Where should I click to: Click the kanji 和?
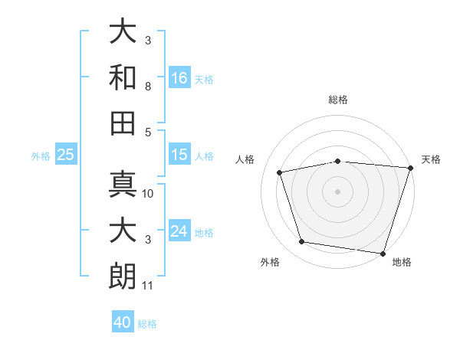click(x=123, y=77)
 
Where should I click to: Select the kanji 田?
click(x=123, y=123)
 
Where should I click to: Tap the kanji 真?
click(x=123, y=184)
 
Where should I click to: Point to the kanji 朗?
click(x=123, y=277)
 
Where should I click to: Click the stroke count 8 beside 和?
click(x=148, y=87)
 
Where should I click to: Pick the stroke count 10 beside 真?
click(x=147, y=194)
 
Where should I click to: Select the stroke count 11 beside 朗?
click(x=147, y=286)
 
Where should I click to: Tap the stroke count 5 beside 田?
click(x=148, y=133)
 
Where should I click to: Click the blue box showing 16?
click(x=179, y=77)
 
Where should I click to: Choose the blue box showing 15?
click(x=179, y=154)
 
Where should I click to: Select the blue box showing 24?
click(x=179, y=230)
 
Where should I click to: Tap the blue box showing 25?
click(x=66, y=154)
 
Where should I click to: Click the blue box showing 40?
click(x=123, y=321)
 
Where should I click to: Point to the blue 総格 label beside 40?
click(x=147, y=324)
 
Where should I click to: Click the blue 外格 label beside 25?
click(x=41, y=156)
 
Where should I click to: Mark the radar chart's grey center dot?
click(x=337, y=191)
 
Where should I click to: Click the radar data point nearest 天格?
click(x=411, y=168)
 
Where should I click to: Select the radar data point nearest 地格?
click(x=383, y=254)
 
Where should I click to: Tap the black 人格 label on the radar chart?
click(x=245, y=159)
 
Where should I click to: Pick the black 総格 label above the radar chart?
click(x=338, y=100)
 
